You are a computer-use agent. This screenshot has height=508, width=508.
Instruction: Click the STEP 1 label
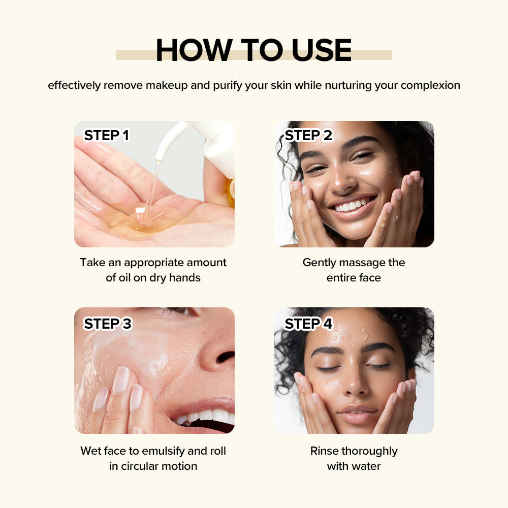[106, 135]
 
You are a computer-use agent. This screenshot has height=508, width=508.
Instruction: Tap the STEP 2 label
[308, 135]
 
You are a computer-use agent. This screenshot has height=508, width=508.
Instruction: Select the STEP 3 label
[107, 324]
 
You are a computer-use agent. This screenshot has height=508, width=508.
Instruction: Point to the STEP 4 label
[308, 324]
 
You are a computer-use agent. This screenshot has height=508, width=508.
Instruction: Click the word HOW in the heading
[194, 50]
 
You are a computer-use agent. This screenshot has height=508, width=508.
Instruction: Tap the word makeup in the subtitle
[167, 85]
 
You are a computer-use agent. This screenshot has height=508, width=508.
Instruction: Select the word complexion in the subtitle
[430, 85]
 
